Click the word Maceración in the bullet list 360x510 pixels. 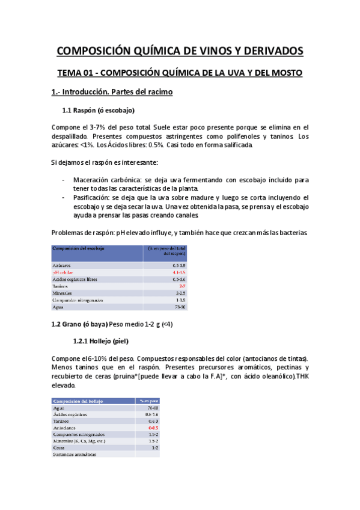pyautogui.click(x=95, y=180)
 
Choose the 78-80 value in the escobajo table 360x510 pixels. pyautogui.click(x=180, y=307)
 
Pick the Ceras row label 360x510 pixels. pyautogui.click(x=59, y=447)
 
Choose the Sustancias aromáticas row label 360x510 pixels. pyautogui.click(x=74, y=455)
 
